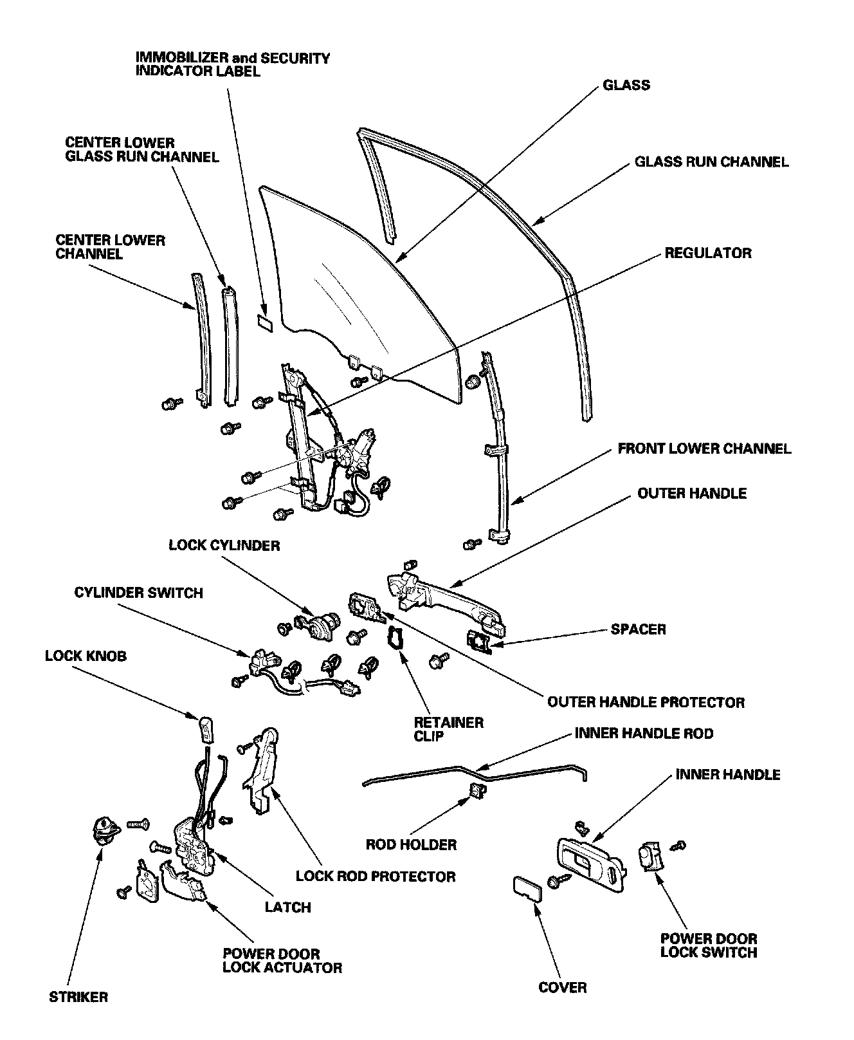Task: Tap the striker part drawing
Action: point(105,829)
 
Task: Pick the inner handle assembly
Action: point(592,864)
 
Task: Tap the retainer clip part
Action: point(394,638)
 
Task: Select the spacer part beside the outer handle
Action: point(479,641)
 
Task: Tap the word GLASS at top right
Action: point(626,85)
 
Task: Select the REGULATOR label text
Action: point(707,252)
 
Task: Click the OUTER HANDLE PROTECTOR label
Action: point(645,701)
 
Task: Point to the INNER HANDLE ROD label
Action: point(644,733)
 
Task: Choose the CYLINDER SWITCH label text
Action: point(138,592)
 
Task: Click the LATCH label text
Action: point(287,907)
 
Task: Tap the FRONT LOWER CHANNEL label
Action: point(704,448)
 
